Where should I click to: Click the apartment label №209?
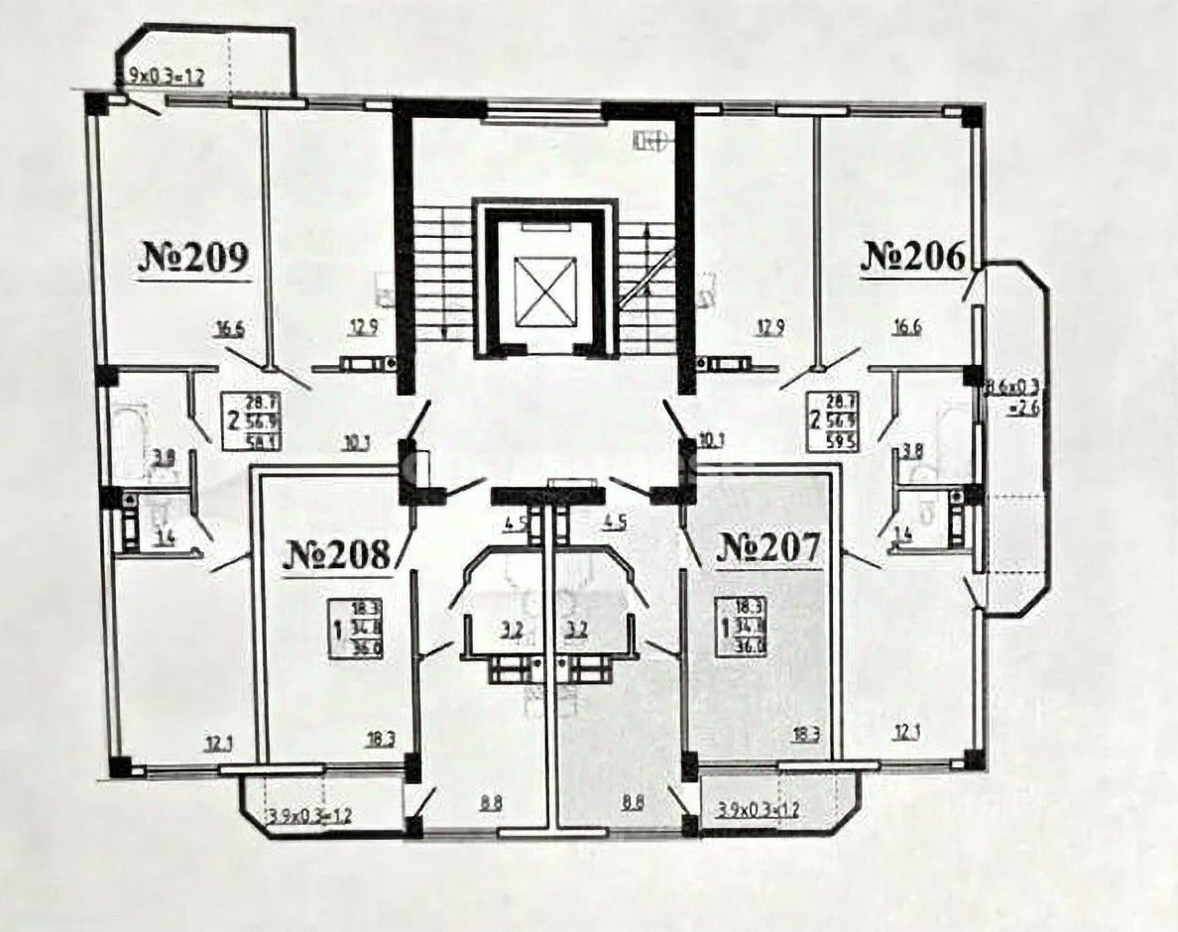point(191,259)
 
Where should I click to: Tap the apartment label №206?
point(912,257)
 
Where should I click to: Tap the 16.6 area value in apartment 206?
point(905,329)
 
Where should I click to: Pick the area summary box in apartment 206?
point(833,419)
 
